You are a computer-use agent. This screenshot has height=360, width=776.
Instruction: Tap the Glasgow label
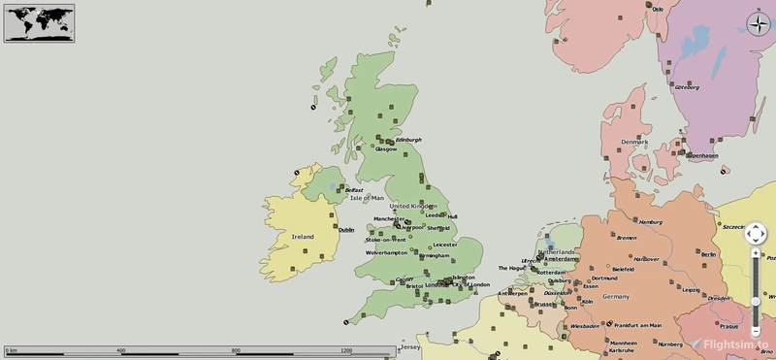pos(386,149)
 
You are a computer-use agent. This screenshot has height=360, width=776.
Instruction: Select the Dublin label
pos(346,229)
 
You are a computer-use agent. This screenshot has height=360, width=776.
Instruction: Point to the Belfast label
pos(353,190)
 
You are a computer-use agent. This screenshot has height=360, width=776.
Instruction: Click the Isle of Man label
pos(367,198)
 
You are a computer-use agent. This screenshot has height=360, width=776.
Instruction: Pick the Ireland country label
pos(303,236)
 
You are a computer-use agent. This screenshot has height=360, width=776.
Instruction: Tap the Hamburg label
pos(650,222)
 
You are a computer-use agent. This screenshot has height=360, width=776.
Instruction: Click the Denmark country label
pos(634,142)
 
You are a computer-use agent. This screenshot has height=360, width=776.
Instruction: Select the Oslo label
pos(658,9)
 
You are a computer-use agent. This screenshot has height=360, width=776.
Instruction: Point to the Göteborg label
pos(699,87)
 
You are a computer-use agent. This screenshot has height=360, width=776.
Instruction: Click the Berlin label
pos(706,253)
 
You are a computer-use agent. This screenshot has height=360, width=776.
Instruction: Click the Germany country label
pos(615,297)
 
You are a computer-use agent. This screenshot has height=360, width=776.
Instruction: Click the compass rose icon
pos(758,25)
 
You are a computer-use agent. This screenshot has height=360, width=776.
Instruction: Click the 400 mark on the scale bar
pos(120,350)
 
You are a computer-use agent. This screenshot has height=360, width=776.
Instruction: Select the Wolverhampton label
pos(386,252)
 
